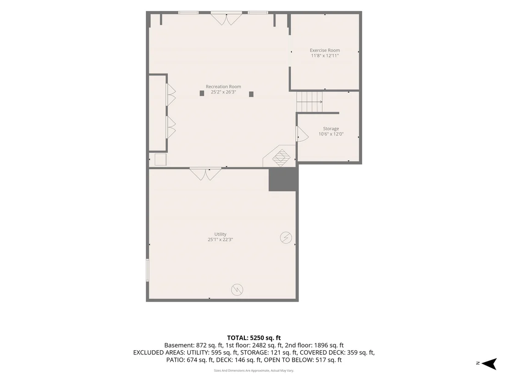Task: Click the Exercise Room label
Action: tap(325, 50)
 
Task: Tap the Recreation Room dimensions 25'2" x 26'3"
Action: tap(224, 92)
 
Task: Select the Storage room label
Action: tap(331, 129)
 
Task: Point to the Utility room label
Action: tap(221, 234)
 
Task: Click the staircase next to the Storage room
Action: tap(310, 102)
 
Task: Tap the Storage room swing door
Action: tap(302, 134)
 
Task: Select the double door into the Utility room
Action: tap(205, 174)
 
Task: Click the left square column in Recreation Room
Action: tap(202, 94)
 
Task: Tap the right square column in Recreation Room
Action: tap(251, 94)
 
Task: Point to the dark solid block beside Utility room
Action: tap(282, 179)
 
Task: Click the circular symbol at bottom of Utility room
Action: tap(237, 290)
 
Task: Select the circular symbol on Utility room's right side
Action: tap(286, 237)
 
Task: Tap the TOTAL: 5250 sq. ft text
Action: tap(254, 337)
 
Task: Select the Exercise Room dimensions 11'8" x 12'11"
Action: tap(325, 56)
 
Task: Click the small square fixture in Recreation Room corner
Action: tap(160, 160)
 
